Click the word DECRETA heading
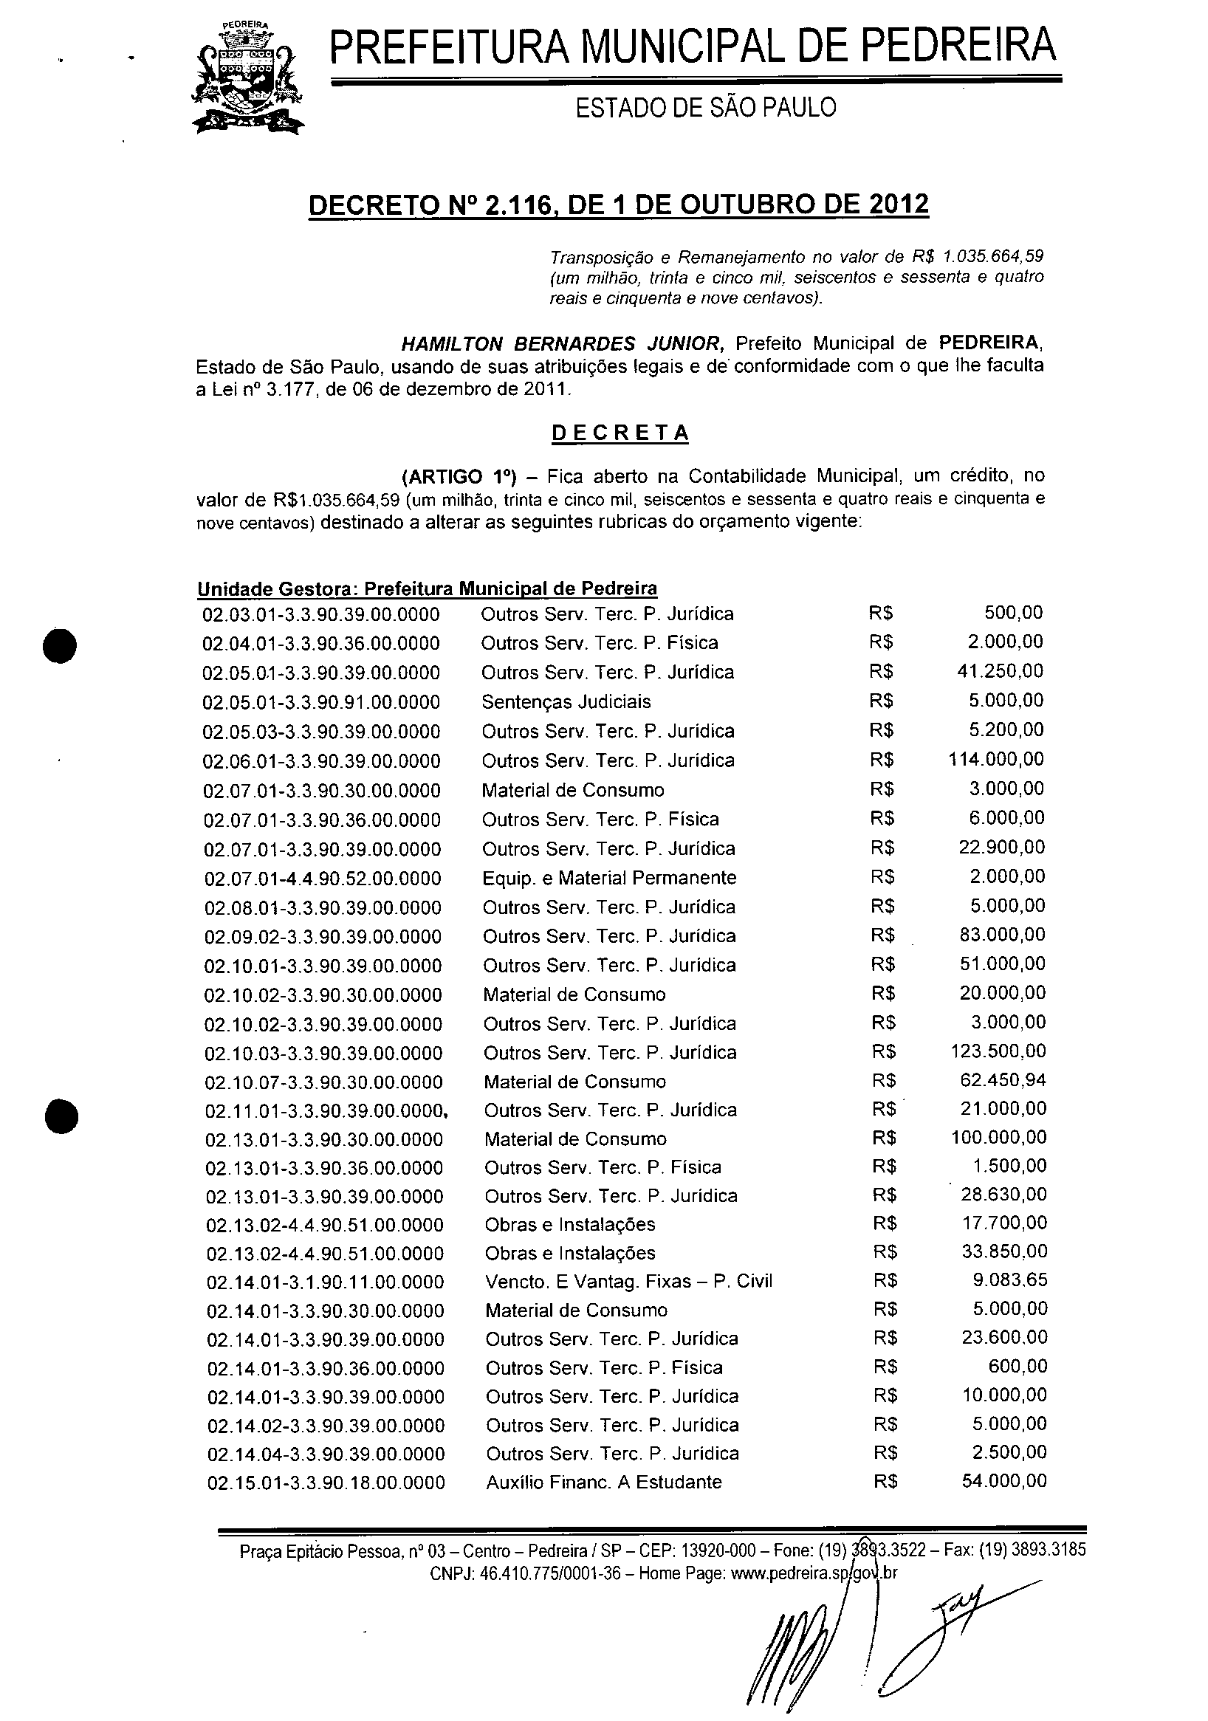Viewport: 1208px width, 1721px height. click(620, 433)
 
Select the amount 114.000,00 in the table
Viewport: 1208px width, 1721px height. click(996, 759)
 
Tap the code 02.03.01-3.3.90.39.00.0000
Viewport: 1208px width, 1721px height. click(321, 614)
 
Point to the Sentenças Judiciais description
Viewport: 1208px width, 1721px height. click(566, 701)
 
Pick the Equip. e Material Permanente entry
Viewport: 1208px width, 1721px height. click(609, 878)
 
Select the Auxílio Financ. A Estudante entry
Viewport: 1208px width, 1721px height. click(603, 1482)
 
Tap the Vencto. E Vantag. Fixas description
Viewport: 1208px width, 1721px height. click(628, 1282)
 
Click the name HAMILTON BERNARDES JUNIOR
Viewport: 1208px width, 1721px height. click(563, 344)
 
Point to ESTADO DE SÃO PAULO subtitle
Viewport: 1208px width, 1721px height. click(706, 109)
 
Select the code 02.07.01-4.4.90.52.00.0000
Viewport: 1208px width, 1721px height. click(323, 879)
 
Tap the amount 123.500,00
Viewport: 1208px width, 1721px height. click(998, 1051)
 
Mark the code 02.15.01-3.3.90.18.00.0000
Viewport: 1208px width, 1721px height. click(326, 1483)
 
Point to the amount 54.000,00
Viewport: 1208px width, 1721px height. click(1004, 1480)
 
